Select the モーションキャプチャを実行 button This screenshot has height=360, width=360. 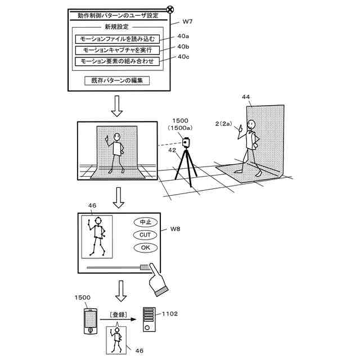[116, 50]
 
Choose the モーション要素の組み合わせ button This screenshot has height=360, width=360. [116, 61]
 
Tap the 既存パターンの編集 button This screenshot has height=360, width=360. [116, 80]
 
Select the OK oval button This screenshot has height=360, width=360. [145, 247]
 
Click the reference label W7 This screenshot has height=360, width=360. [188, 22]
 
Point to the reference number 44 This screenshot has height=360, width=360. [246, 97]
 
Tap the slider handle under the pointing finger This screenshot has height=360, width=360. [145, 268]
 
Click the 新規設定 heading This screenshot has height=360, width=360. [116, 26]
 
